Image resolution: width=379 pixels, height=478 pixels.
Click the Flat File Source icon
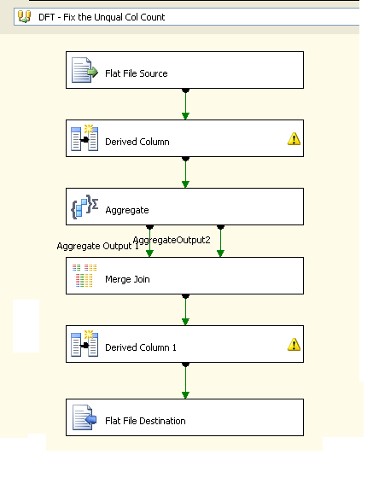(85, 70)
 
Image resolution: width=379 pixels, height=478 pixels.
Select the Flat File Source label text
(137, 73)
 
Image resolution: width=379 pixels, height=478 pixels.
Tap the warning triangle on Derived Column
(294, 138)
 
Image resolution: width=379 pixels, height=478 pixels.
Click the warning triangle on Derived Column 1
(294, 345)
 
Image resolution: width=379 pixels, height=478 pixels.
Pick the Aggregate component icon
(85, 207)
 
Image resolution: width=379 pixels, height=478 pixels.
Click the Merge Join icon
(85, 276)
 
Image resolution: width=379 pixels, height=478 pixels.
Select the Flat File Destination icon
(85, 417)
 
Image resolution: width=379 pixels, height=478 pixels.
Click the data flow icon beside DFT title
(25, 16)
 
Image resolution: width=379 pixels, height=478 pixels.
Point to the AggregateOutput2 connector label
(172, 240)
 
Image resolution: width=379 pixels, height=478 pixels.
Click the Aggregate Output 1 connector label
(98, 246)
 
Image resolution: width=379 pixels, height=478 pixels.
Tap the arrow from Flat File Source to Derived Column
(185, 104)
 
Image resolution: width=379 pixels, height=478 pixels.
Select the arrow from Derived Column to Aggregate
(185, 172)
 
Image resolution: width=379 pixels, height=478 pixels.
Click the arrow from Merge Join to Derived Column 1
(185, 310)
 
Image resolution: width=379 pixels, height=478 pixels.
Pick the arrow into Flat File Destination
(185, 381)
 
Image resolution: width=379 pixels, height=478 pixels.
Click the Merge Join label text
(127, 279)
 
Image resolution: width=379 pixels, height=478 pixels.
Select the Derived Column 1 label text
(141, 347)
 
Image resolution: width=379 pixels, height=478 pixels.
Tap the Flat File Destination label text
(145, 421)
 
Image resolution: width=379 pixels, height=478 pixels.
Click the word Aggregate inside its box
(127, 210)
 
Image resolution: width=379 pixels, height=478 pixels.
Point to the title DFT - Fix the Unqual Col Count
(102, 17)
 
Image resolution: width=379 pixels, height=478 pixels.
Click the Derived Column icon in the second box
(85, 137)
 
